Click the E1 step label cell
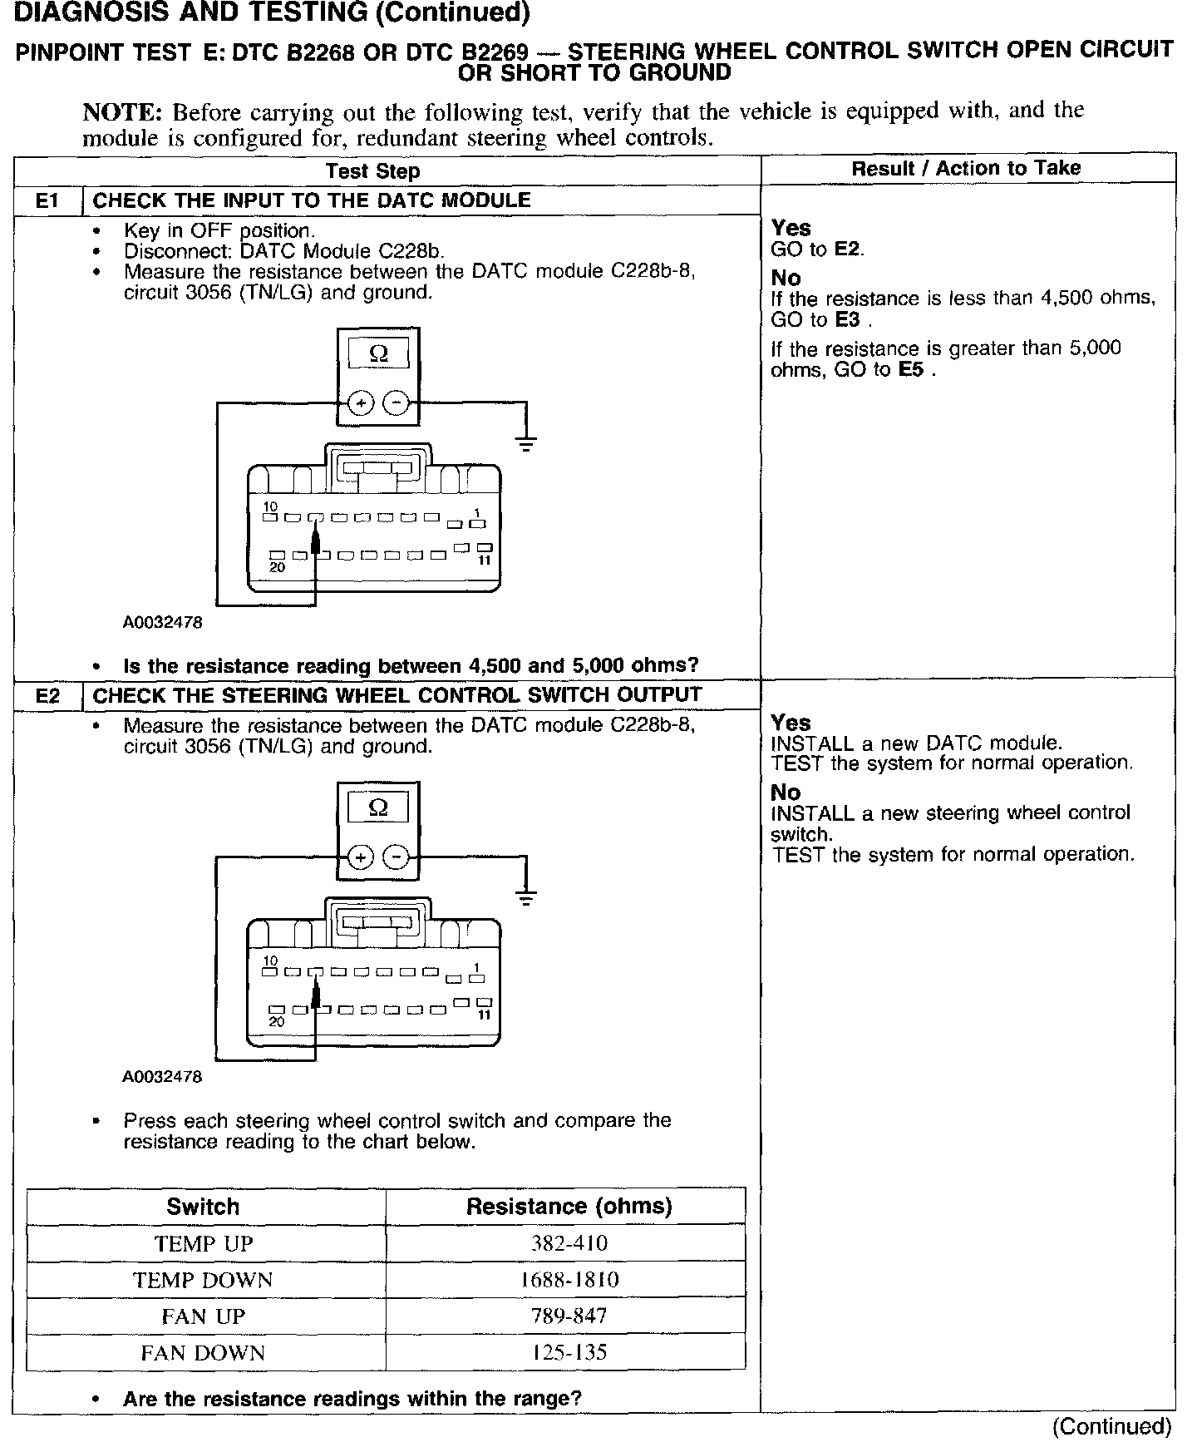point(48,200)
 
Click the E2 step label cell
point(48,695)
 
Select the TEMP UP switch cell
point(204,1243)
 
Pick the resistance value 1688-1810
point(569,1280)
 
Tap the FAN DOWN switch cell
point(204,1353)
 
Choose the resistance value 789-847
point(569,1316)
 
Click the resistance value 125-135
point(569,1353)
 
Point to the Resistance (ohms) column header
point(569,1207)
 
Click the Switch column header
point(204,1207)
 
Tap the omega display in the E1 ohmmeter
point(378,354)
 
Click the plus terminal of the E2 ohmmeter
point(360,857)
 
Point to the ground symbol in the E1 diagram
point(525,443)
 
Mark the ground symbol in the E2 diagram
point(525,897)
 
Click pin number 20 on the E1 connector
point(278,567)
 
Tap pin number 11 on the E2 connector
point(485,1015)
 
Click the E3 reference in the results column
point(847,320)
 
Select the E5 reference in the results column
point(911,370)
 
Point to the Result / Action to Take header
point(966,169)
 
